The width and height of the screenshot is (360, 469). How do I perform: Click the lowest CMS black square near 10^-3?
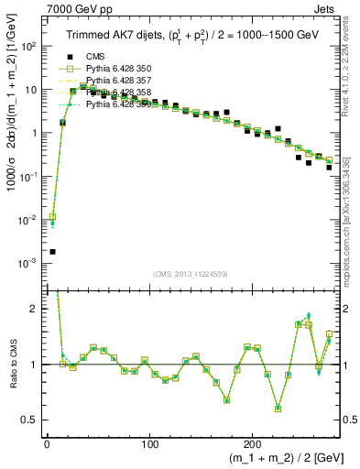coord(52,251)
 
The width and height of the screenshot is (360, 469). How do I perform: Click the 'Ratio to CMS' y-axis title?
coord(12,365)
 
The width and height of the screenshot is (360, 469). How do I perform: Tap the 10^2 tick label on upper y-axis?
coord(28,46)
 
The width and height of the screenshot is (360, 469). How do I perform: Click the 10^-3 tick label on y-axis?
coord(28,263)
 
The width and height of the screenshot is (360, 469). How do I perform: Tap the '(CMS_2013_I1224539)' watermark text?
coord(191,273)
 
